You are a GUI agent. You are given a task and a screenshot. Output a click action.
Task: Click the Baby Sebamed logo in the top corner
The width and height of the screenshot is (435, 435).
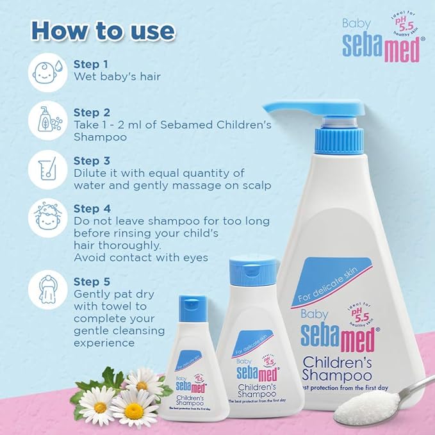click(x=382, y=43)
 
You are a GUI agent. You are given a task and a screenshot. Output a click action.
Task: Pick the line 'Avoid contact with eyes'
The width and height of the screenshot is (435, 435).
click(x=142, y=258)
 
